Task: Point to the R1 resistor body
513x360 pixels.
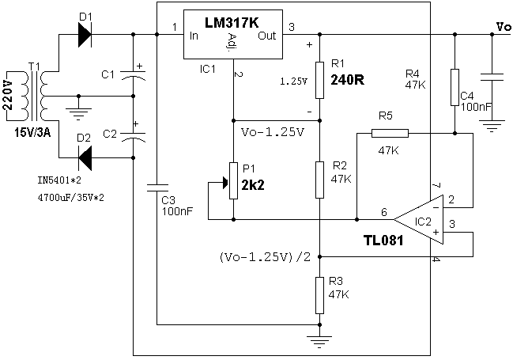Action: click(x=319, y=78)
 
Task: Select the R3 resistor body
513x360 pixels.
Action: click(x=319, y=294)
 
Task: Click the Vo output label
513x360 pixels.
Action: click(x=503, y=27)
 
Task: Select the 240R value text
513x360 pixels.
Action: click(x=348, y=80)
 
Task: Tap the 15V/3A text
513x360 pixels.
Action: click(x=32, y=132)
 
